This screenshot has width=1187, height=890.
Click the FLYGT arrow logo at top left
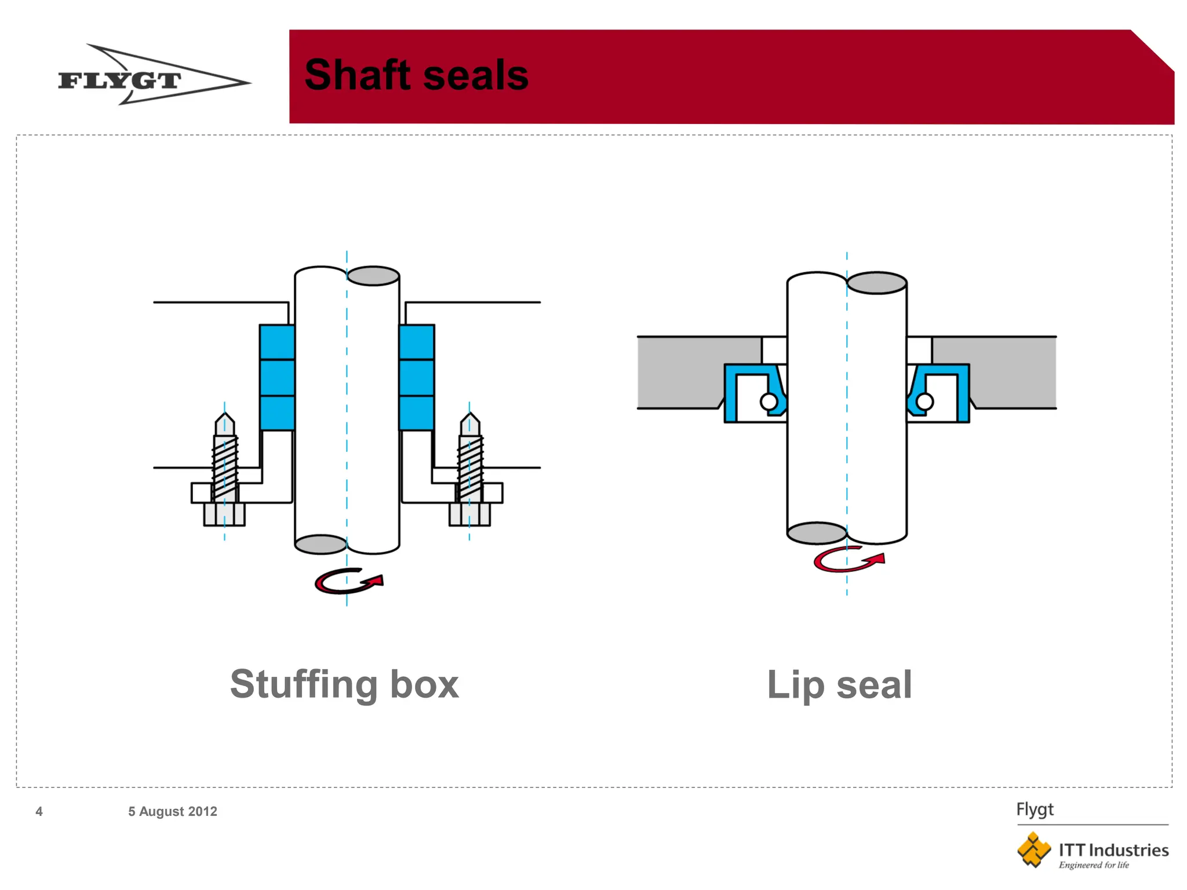point(154,75)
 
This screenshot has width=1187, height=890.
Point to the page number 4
point(39,811)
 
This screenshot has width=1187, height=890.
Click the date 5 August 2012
point(173,811)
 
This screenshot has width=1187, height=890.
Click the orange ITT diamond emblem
point(1033,850)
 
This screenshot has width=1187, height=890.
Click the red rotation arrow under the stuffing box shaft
point(348,581)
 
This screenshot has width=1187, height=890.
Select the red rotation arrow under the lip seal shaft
point(849,560)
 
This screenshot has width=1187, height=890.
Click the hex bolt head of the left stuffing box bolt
point(224,514)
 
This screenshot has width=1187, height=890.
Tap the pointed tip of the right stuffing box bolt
point(470,413)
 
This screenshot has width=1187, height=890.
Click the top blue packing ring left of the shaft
point(277,342)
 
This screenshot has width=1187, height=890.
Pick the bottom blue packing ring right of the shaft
point(417,413)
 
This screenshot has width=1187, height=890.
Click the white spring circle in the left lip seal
point(769,402)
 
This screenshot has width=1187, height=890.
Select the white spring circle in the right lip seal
point(924,402)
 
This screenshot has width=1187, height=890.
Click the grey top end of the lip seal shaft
point(877,283)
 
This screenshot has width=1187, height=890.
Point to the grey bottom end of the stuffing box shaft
point(321,544)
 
